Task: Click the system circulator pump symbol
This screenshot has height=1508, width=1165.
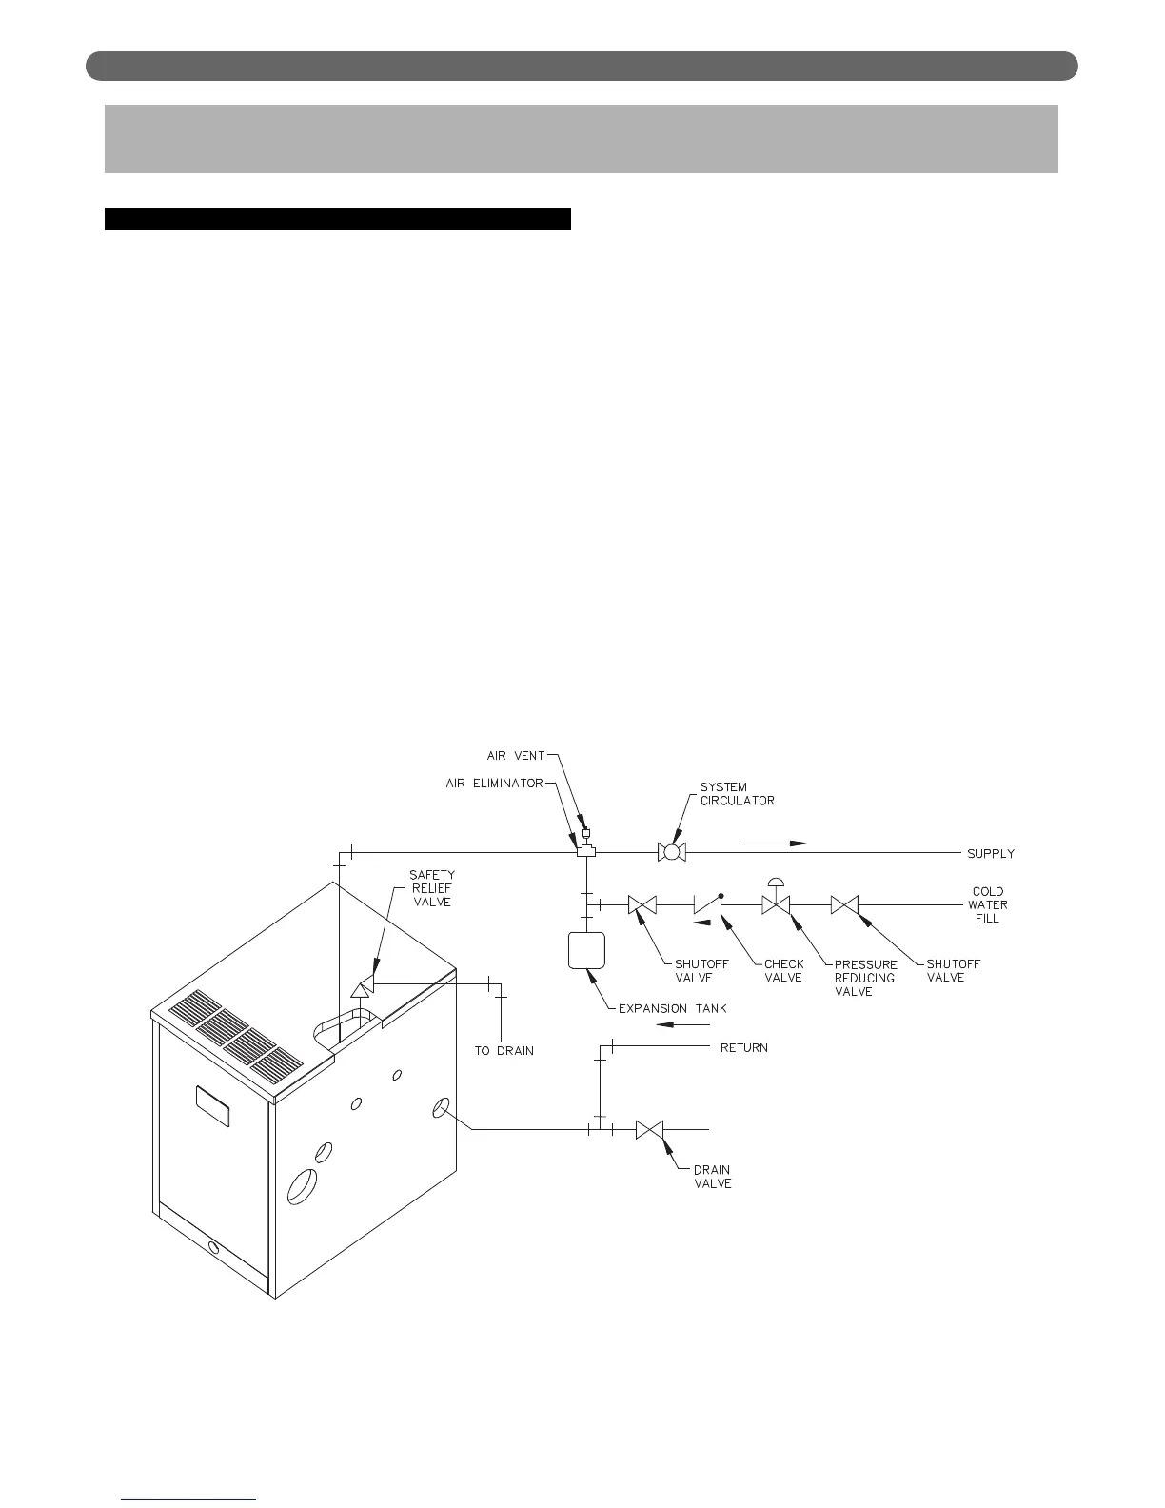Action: click(672, 852)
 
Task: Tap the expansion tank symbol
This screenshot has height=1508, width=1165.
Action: click(586, 949)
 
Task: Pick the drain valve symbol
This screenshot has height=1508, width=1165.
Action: click(649, 1129)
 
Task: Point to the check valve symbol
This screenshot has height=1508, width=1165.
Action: click(707, 903)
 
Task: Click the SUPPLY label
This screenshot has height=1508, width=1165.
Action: click(991, 854)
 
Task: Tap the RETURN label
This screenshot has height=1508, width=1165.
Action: click(743, 1048)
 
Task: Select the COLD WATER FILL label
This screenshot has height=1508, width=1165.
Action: click(988, 905)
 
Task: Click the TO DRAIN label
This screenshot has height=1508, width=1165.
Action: click(504, 1051)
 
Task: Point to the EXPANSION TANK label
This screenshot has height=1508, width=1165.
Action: click(672, 1009)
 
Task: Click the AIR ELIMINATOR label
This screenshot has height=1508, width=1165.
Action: click(494, 784)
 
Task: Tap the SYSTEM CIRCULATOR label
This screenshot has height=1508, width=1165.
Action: click(737, 794)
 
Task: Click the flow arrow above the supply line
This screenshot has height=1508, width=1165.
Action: click(775, 843)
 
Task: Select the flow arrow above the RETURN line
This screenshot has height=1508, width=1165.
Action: click(684, 1024)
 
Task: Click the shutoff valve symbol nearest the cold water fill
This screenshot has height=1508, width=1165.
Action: click(844, 904)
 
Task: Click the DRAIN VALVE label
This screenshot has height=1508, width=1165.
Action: click(712, 1177)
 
